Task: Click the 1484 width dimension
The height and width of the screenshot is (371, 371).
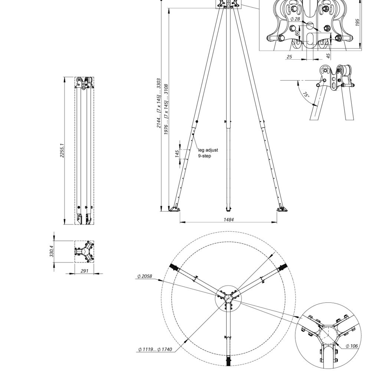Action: point(229,219)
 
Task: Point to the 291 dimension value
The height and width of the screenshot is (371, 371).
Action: point(84,271)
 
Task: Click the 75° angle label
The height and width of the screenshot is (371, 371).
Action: point(306,95)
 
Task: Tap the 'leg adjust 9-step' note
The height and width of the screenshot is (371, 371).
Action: point(208,153)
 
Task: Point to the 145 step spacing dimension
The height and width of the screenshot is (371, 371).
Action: point(178,153)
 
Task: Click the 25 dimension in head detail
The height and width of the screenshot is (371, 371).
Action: point(289,57)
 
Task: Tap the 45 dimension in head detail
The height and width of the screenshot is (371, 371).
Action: point(328,56)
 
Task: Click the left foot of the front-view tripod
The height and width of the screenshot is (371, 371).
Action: point(174,209)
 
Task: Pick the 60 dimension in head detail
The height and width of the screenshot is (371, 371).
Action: point(297,33)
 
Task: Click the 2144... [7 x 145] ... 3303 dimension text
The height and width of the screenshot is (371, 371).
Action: point(159,103)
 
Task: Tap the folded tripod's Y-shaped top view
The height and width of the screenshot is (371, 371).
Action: point(84,252)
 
